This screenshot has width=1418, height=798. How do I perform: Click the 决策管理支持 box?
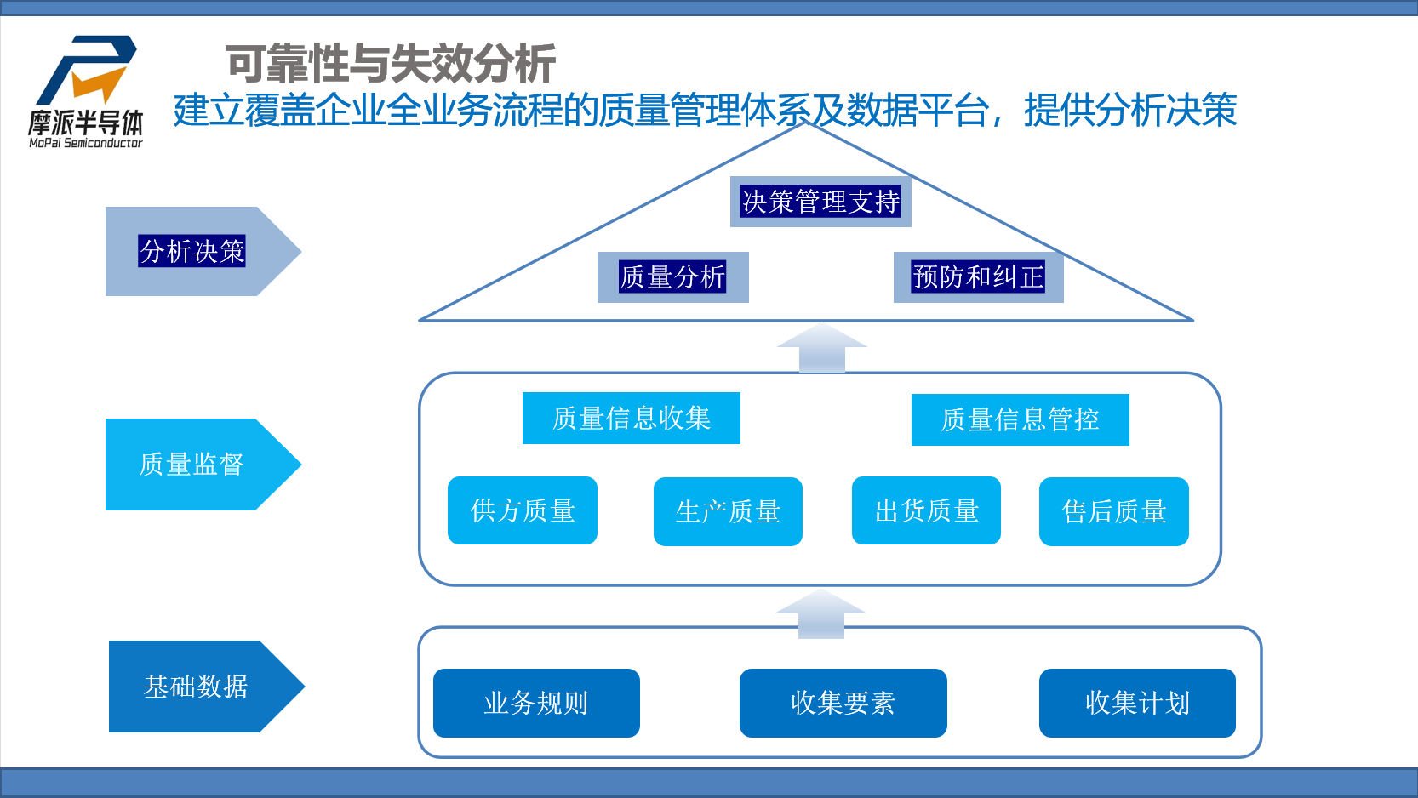pyautogui.click(x=820, y=202)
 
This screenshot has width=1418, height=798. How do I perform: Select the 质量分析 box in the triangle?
pyautogui.click(x=672, y=277)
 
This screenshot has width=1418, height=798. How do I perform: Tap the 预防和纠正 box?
pyautogui.click(x=978, y=277)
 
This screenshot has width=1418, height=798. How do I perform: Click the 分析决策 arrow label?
pyautogui.click(x=192, y=252)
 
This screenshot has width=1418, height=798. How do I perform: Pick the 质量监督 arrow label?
pyautogui.click(x=192, y=465)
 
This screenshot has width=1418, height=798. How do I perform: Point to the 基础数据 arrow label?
pyautogui.click(x=196, y=687)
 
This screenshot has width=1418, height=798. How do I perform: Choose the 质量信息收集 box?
pyautogui.click(x=631, y=419)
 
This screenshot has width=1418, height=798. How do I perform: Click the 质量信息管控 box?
pyautogui.click(x=1020, y=419)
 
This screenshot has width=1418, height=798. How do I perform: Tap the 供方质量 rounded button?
pyautogui.click(x=523, y=510)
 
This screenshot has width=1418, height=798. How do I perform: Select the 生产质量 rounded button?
pyautogui.click(x=728, y=511)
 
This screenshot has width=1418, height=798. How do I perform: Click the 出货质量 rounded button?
pyautogui.click(x=926, y=510)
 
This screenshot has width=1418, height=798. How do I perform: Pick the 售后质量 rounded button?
pyautogui.click(x=1113, y=511)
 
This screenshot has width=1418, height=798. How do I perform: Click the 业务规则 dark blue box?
pyautogui.click(x=536, y=703)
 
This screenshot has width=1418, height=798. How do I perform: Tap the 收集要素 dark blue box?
pyautogui.click(x=843, y=703)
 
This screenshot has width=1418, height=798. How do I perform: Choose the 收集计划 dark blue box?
pyautogui.click(x=1137, y=703)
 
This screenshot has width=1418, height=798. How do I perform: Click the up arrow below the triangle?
pyautogui.click(x=821, y=348)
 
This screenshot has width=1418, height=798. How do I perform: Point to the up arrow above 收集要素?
pyautogui.click(x=821, y=614)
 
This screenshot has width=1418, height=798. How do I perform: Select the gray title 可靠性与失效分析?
pyautogui.click(x=391, y=63)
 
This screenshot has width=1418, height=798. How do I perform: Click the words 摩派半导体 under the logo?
pyautogui.click(x=85, y=123)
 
